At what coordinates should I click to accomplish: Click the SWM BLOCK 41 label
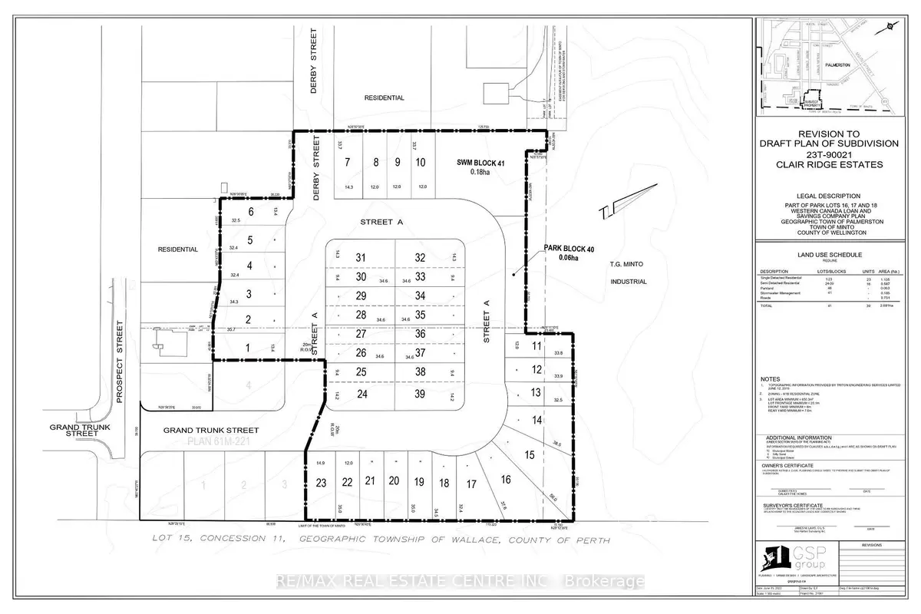tap(466, 163)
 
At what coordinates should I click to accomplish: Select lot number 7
tap(348, 162)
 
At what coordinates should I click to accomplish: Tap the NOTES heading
tap(770, 379)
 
